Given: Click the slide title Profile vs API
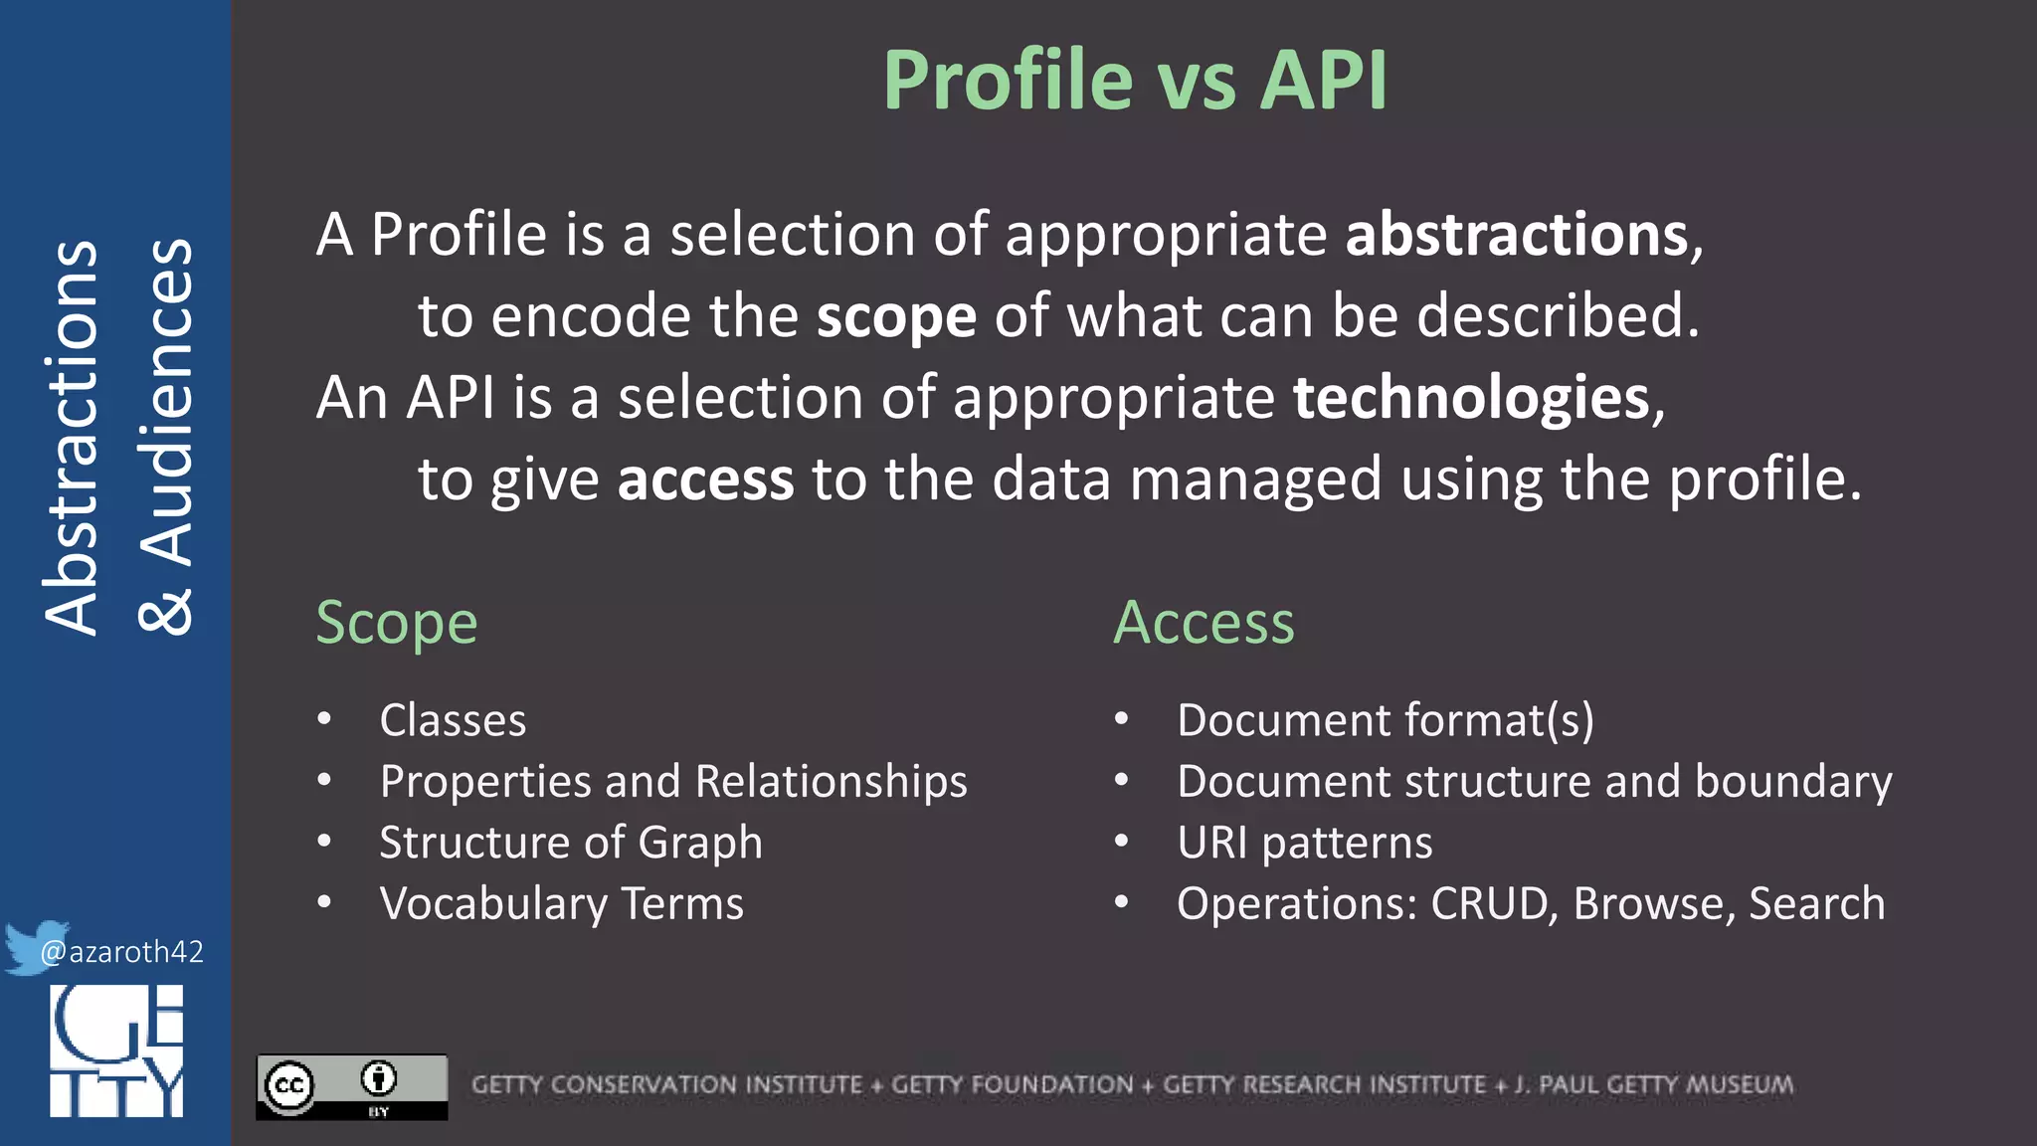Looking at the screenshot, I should click(1135, 80).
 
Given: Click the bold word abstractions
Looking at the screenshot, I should click(1517, 235).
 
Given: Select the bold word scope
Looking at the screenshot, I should click(896, 316).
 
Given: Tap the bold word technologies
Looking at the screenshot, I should click(1471, 398).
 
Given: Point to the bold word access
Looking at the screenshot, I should click(705, 479).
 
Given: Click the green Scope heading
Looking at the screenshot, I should click(397, 623).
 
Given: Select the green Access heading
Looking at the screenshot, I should click(1204, 623).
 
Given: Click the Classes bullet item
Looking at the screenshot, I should click(453, 720).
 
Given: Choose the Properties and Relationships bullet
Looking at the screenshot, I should click(673, 782).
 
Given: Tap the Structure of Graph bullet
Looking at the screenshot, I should click(571, 843).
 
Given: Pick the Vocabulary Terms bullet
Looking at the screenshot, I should click(561, 904).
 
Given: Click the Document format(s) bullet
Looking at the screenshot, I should click(1385, 720).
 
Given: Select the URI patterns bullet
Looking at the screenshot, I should click(1304, 843).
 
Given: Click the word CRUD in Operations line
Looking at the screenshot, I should click(1489, 904).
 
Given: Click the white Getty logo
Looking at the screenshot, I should click(116, 1050).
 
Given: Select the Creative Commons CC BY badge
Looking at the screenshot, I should click(352, 1086).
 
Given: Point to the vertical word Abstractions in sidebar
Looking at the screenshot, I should click(72, 438).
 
